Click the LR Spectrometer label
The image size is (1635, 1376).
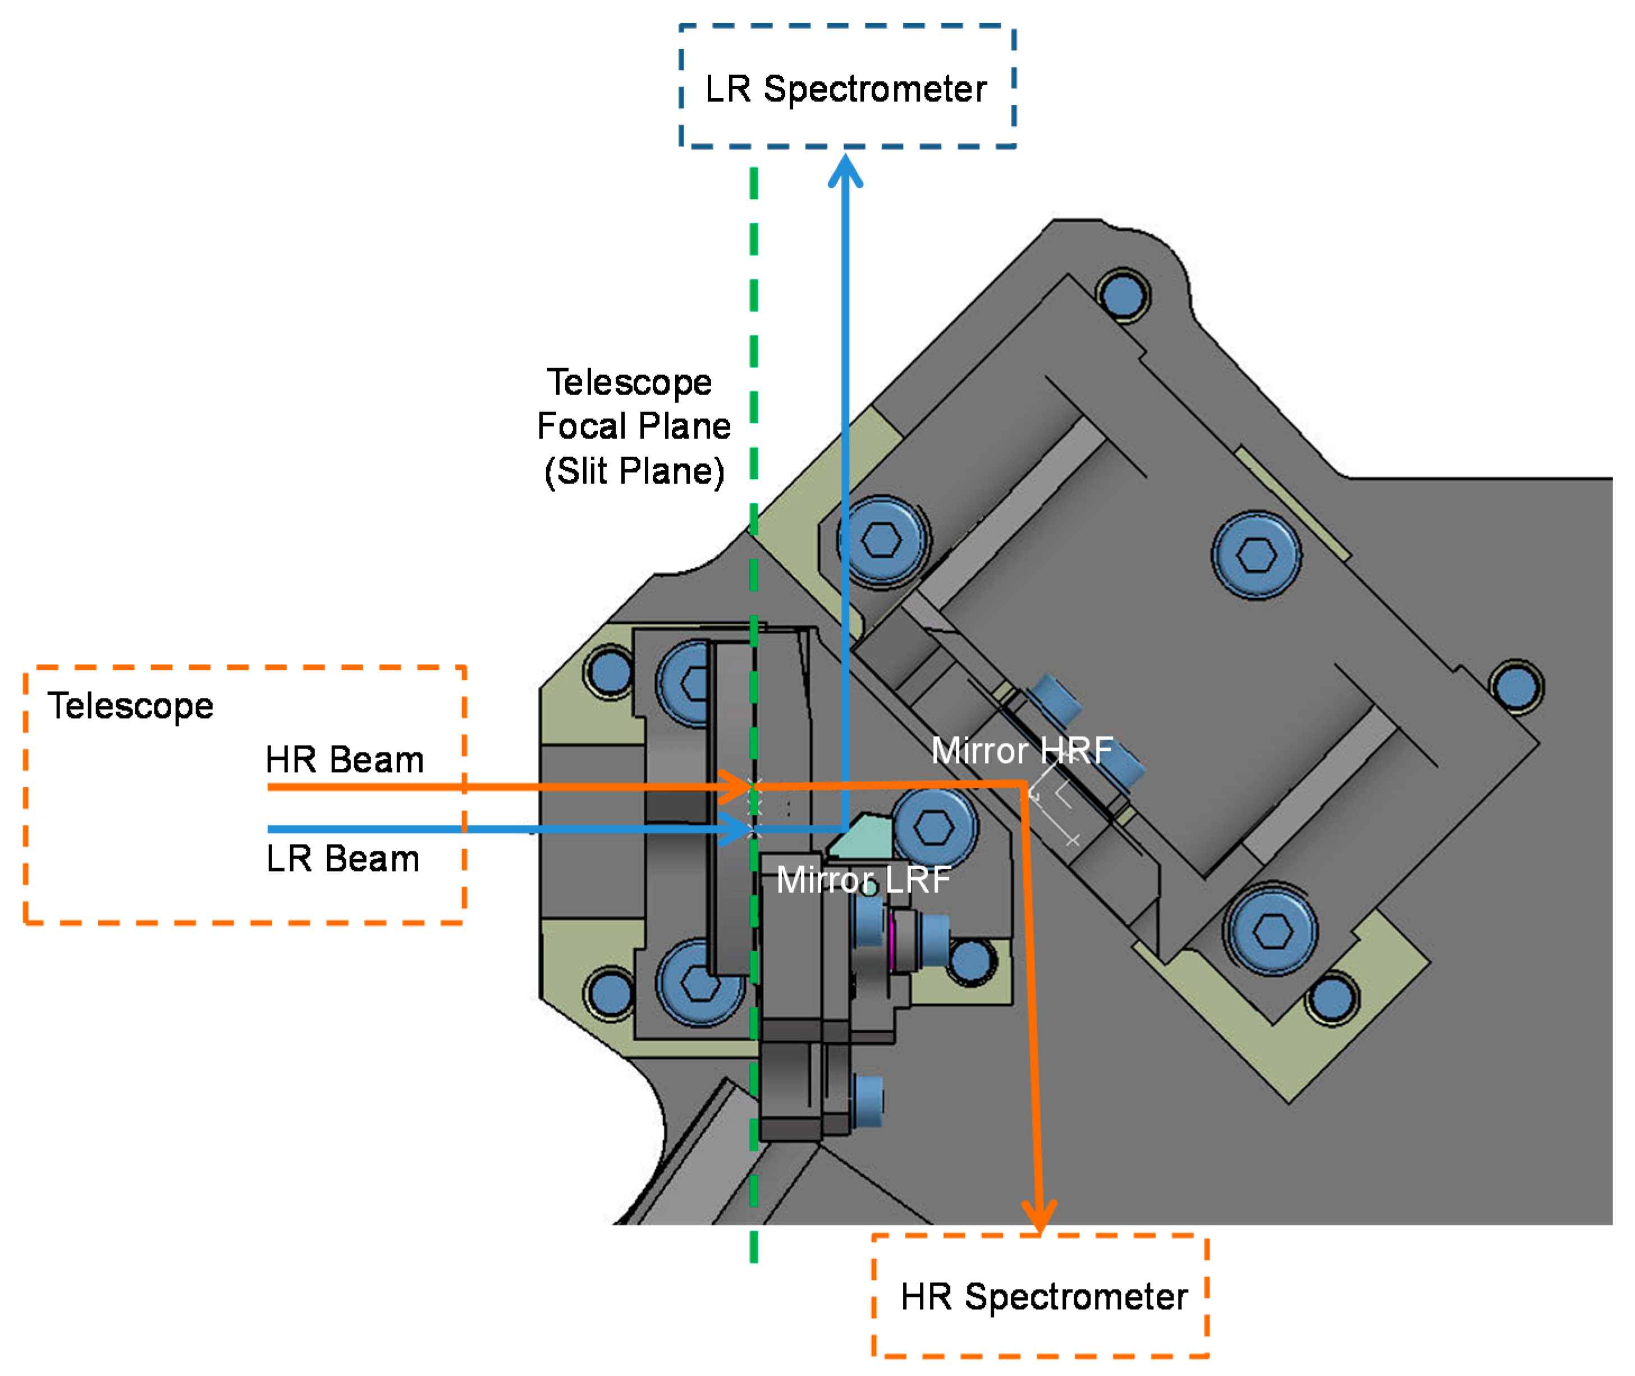(x=846, y=89)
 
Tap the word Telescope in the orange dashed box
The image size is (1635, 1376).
(x=130, y=707)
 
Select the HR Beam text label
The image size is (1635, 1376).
(x=344, y=760)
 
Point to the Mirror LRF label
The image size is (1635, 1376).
(x=863, y=880)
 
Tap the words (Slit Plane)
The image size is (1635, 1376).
(x=634, y=472)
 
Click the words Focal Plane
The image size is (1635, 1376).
(x=634, y=426)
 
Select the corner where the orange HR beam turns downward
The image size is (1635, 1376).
(x=1023, y=785)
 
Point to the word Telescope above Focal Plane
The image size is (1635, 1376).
(x=629, y=382)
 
